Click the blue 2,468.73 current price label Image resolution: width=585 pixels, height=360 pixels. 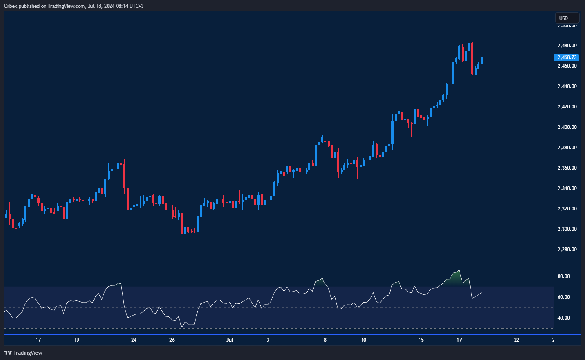tap(567, 57)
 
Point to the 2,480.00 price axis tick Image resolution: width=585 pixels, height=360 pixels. tap(567, 46)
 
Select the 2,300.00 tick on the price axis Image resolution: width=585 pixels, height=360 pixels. tap(567, 229)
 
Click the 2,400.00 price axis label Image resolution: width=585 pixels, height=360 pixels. tap(567, 127)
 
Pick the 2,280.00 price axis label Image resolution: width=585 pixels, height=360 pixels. tap(567, 250)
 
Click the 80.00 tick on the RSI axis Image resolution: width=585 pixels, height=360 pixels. tap(563, 276)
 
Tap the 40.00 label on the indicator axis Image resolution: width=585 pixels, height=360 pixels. tap(563, 318)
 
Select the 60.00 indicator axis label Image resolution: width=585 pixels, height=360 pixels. tap(563, 297)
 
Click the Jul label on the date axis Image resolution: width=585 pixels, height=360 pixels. tap(229, 340)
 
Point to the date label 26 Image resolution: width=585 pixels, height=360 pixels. tap(172, 340)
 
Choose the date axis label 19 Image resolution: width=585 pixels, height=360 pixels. tap(77, 340)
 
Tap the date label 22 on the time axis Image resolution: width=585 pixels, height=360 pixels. tap(517, 340)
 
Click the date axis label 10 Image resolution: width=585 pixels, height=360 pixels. tap(363, 340)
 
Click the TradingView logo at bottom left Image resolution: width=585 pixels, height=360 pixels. tap(23, 353)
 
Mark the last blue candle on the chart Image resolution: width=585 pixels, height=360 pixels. tap(482, 61)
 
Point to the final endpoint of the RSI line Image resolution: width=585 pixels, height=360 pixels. tap(482, 293)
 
